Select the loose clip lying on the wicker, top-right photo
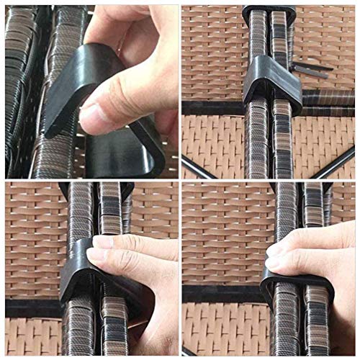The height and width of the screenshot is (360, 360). (x=310, y=69)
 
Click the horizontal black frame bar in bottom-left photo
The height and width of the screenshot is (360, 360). (x=29, y=308)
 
